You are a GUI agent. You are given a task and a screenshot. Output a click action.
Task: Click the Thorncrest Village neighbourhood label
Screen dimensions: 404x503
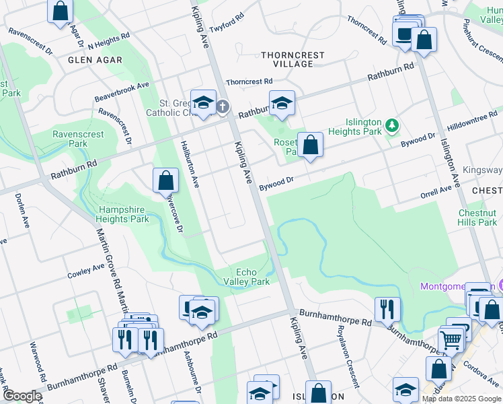[x=293, y=59]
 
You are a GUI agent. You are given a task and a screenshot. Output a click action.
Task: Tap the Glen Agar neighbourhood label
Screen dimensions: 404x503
[x=95, y=60]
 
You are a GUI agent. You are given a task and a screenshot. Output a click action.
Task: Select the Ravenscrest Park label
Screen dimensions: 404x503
[x=79, y=139]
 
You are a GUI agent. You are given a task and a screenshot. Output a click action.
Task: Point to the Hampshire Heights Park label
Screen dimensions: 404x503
[x=124, y=214]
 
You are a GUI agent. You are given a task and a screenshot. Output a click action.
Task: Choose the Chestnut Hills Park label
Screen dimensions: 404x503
[x=477, y=217]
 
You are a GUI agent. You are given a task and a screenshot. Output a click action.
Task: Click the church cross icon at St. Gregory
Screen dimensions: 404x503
[x=223, y=106]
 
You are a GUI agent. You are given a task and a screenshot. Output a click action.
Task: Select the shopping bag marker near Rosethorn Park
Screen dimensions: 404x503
[x=311, y=145]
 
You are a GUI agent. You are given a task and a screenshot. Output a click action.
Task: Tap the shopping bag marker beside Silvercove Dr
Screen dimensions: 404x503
[x=165, y=180]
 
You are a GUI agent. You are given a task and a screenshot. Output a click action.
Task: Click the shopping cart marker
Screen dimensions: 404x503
[x=451, y=339]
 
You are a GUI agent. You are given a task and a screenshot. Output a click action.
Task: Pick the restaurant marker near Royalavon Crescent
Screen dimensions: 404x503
[x=387, y=309]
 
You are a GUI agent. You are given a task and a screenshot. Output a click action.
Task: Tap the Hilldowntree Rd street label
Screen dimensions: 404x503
[x=471, y=121]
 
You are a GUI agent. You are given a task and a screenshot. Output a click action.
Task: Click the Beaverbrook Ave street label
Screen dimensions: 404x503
[x=121, y=87]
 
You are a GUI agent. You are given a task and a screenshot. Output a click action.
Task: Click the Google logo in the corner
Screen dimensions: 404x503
[x=22, y=396]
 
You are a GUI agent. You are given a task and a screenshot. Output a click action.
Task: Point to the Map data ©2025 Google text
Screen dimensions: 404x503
[x=461, y=399]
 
